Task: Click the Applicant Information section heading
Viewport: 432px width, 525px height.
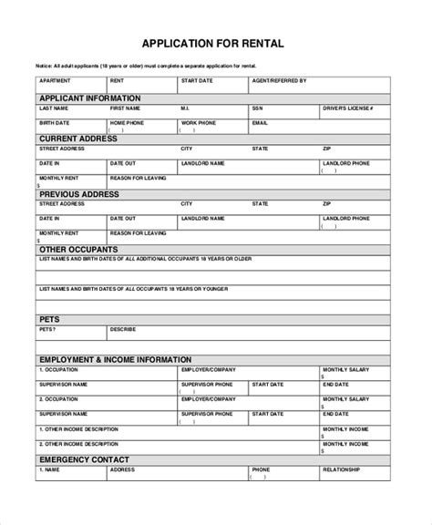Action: pyautogui.click(x=89, y=98)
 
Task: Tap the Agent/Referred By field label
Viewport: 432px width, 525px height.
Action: pyautogui.click(x=278, y=80)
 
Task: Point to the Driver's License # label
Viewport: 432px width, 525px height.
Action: pyautogui.click(x=346, y=108)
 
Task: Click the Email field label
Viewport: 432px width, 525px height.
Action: pyautogui.click(x=260, y=121)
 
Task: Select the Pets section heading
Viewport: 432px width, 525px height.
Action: pyautogui.click(x=49, y=319)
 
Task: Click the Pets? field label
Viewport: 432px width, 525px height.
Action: pyautogui.click(x=46, y=329)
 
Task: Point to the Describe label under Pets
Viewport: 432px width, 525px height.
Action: pyautogui.click(x=122, y=329)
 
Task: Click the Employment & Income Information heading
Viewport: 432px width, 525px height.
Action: pyautogui.click(x=115, y=360)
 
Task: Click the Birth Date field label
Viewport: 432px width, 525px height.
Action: pyautogui.click(x=54, y=121)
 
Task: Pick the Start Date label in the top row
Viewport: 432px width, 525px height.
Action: pyautogui.click(x=197, y=80)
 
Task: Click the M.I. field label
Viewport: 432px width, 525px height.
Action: pyautogui.click(x=186, y=108)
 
